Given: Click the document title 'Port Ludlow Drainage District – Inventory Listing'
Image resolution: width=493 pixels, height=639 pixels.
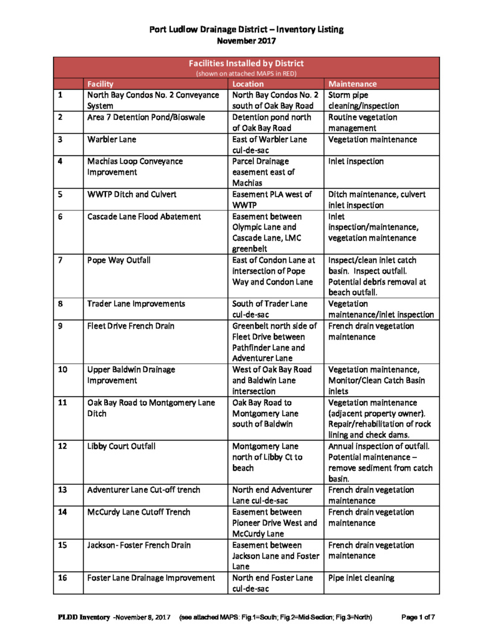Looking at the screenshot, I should [246, 29].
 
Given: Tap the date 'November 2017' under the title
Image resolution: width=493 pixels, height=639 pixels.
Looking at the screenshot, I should [246, 41].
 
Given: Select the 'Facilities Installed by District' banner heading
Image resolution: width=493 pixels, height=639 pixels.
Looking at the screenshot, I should [246, 63].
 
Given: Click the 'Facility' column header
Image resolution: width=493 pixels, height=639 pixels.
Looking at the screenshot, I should [100, 84].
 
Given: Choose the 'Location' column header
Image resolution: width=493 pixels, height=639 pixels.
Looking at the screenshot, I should [248, 84].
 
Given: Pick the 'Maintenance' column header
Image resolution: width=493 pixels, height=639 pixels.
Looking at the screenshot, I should [352, 84].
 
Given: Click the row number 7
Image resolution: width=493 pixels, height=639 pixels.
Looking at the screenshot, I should [60, 260].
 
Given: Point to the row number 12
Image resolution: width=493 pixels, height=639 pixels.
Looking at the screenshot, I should [62, 447].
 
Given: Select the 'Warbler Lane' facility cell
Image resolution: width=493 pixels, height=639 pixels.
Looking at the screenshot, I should [112, 139].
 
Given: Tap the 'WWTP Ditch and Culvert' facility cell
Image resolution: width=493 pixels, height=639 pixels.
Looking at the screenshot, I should [132, 194].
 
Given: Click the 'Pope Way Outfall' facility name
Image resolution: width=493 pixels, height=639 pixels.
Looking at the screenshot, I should [117, 260].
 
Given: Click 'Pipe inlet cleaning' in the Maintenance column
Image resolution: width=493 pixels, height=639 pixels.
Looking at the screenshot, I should [361, 578].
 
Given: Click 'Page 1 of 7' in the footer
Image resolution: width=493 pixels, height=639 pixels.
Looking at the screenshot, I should [418, 618].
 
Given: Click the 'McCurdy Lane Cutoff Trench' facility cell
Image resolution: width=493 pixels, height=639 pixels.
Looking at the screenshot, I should [138, 512].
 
